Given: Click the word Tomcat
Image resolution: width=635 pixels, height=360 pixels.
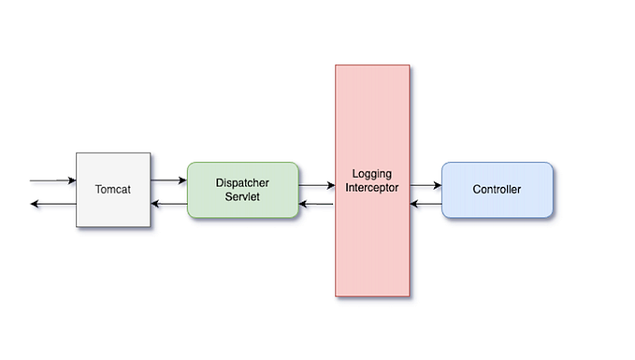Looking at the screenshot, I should pos(113,190).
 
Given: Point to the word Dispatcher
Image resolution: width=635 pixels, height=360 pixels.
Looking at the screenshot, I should pos(242,183).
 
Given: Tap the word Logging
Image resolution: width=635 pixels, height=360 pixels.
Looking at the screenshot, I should pos(372,174).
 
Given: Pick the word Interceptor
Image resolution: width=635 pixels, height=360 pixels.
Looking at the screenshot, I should pos(372,188).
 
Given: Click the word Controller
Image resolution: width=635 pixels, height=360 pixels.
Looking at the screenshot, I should pos(497,190).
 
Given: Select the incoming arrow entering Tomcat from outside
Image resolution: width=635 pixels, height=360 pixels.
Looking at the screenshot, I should pos(51,180).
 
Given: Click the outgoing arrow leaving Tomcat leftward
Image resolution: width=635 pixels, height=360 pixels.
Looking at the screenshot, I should pos(51,204).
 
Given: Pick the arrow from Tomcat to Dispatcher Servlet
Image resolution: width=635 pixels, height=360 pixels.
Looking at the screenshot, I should pos(168,180).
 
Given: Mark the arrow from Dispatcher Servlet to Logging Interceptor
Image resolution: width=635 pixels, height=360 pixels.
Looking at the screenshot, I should pos(317,185).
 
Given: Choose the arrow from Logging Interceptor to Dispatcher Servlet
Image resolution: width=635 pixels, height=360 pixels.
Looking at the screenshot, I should pos(317,204).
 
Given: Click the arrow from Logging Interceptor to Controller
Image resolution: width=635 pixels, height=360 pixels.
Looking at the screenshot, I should pos(425,185).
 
